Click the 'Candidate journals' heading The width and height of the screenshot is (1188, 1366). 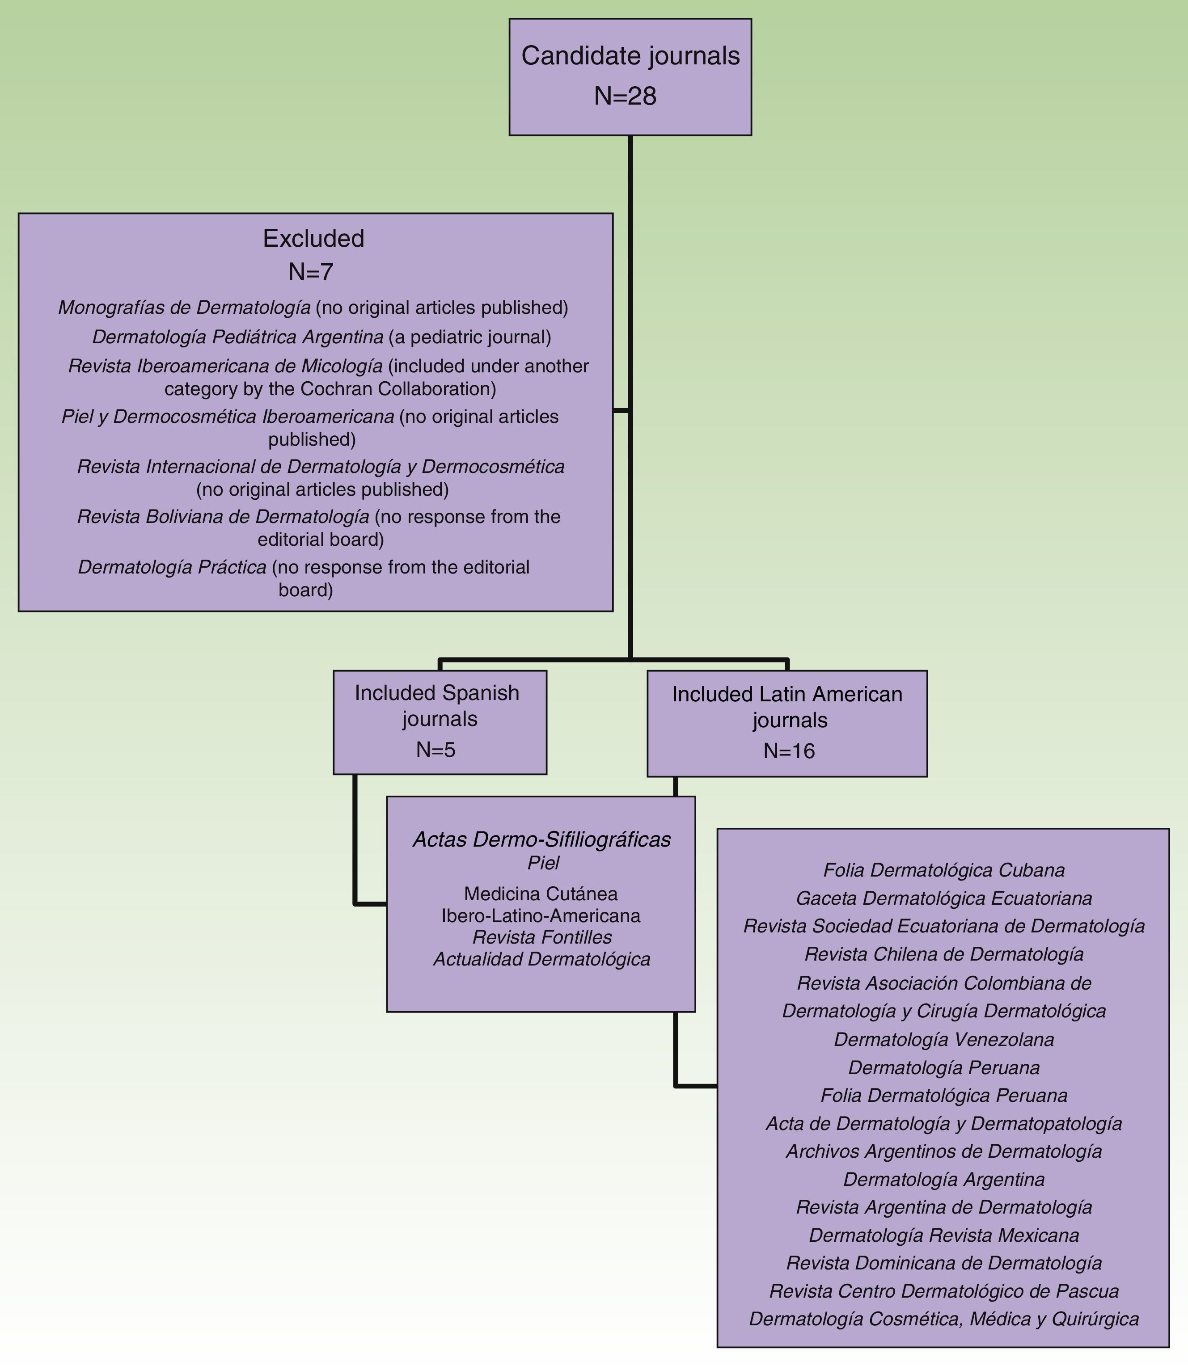630,56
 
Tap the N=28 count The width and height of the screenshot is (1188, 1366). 625,97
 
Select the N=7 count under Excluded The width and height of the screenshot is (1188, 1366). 310,272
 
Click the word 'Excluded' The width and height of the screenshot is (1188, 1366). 313,239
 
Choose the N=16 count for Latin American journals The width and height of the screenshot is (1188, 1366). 789,751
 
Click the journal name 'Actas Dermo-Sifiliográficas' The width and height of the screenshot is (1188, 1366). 541,840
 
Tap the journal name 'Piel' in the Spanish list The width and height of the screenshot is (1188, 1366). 543,863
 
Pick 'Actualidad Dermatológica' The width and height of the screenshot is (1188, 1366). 541,959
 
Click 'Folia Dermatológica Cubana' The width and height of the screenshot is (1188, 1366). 944,869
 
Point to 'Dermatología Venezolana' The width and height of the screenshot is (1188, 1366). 944,1039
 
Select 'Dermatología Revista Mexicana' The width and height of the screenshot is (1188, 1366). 944,1235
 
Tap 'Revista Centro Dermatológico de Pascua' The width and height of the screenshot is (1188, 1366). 944,1291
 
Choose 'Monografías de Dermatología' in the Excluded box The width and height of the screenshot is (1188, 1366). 184,308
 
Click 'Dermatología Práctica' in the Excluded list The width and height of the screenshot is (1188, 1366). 173,567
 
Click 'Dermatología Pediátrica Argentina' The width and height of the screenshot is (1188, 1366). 238,337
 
